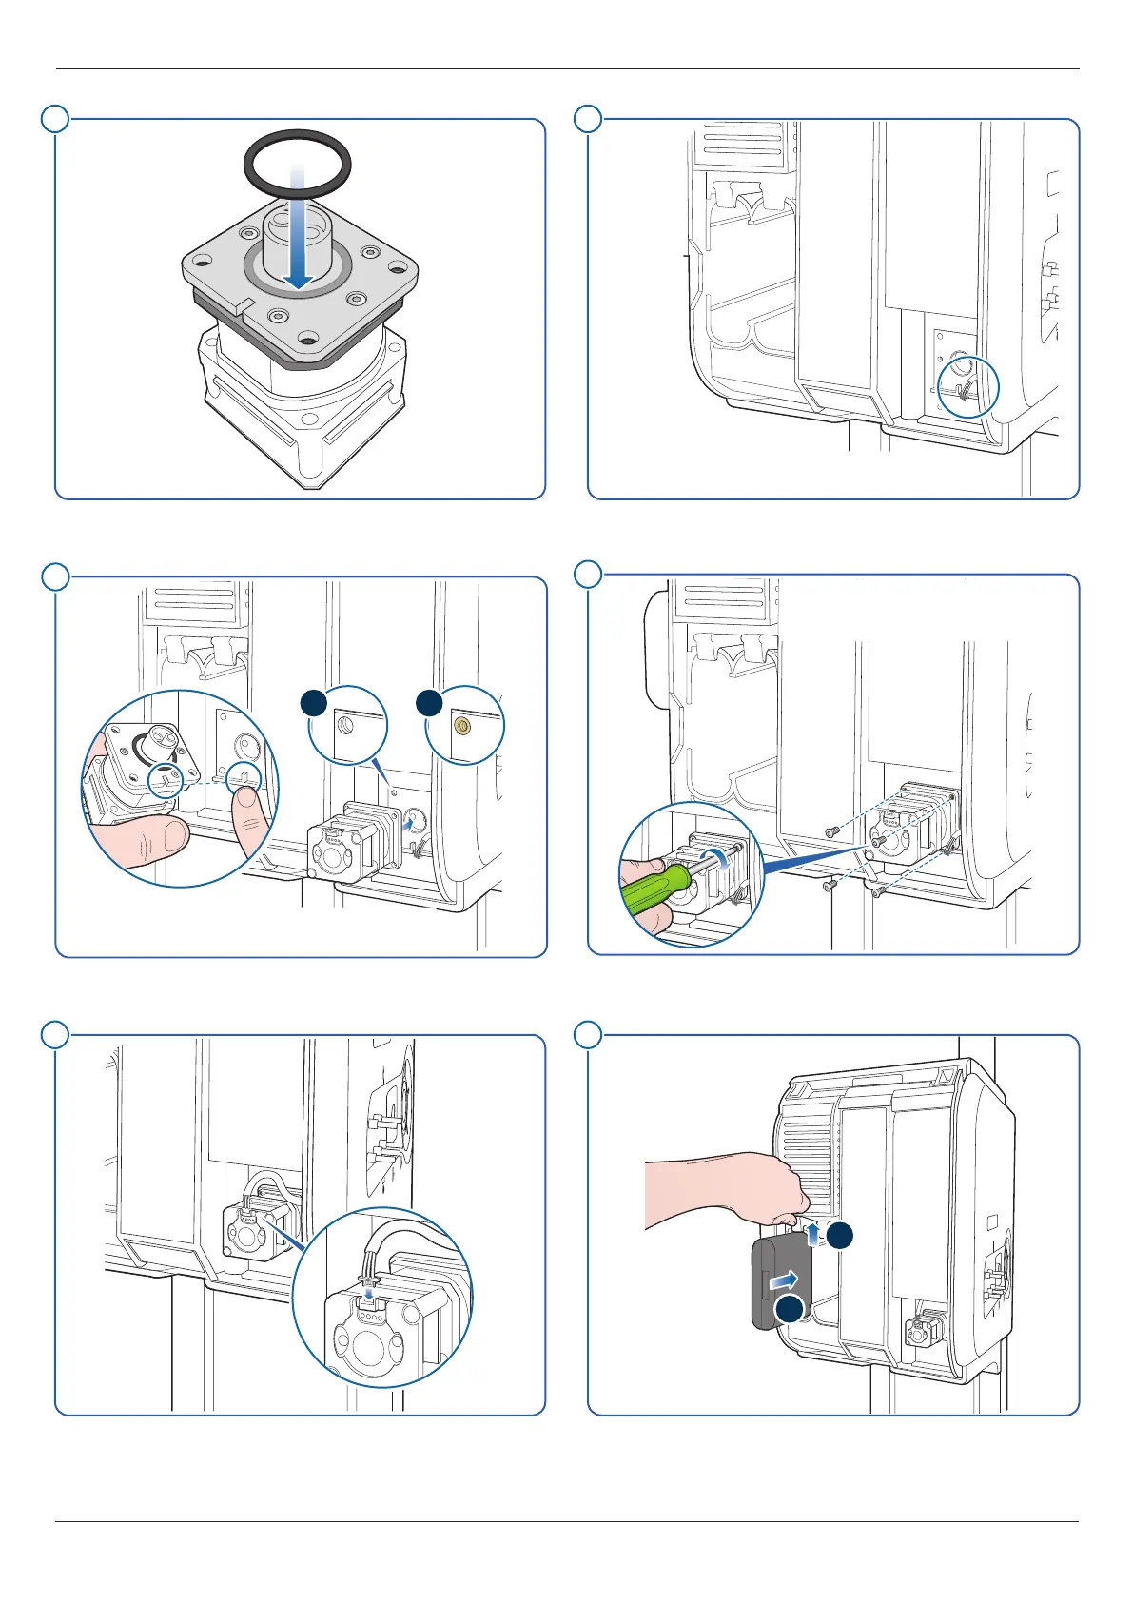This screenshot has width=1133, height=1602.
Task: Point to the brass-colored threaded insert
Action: tap(463, 726)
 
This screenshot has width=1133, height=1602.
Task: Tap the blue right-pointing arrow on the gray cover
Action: tap(783, 1278)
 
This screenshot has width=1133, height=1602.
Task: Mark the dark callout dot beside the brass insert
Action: tap(429, 702)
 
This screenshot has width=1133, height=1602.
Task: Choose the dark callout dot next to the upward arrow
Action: tap(839, 1236)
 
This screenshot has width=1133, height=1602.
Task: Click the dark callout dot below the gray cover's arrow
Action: tap(789, 1309)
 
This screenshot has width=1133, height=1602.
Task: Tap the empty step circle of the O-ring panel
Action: tap(56, 119)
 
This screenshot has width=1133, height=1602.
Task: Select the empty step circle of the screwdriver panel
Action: tap(589, 575)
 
